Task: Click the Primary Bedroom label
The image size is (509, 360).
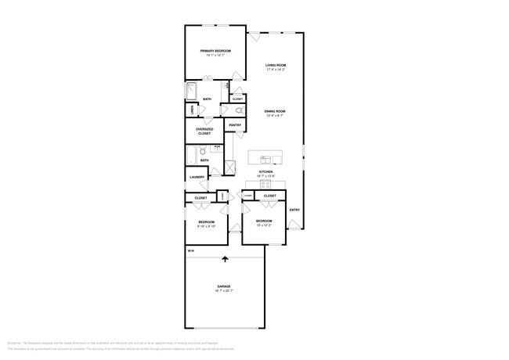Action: (215, 51)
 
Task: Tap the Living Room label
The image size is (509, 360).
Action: (275, 66)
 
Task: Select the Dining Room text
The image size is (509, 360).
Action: (274, 112)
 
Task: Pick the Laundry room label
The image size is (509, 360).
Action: (197, 177)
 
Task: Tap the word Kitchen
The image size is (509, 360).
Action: (266, 171)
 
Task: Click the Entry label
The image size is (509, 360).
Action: (294, 210)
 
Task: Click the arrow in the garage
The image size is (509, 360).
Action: (226, 260)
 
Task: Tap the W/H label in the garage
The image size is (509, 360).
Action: (190, 251)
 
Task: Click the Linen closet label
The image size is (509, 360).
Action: (191, 110)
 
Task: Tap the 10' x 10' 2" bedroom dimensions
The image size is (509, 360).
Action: (264, 225)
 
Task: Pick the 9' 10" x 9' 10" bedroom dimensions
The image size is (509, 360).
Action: (205, 226)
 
